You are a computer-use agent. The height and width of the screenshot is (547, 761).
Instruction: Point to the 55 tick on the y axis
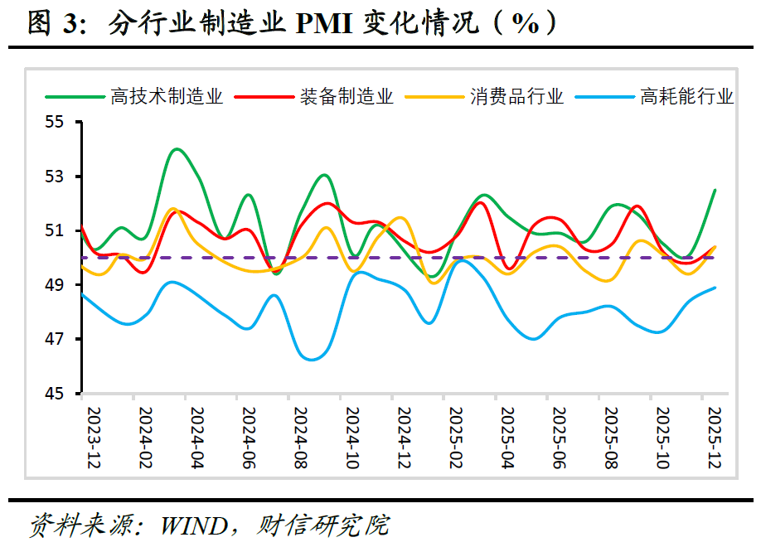[x=63, y=122]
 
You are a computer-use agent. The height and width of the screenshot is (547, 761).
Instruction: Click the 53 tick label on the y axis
[x=63, y=177]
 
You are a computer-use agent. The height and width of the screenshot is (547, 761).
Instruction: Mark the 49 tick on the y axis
[x=63, y=285]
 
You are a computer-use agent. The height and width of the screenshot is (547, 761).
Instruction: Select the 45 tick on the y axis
[x=63, y=394]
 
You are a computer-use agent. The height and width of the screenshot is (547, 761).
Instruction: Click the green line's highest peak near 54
[x=177, y=149]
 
